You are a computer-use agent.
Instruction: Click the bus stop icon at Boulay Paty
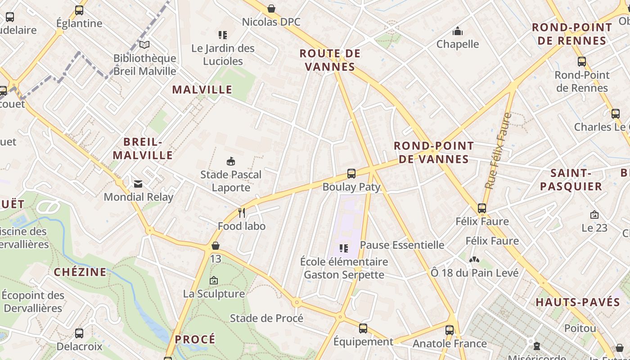tap(351, 174)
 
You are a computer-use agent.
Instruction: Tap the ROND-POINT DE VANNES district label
tap(434, 153)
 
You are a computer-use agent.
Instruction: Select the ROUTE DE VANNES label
tap(330, 60)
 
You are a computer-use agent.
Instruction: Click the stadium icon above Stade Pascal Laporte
tap(231, 161)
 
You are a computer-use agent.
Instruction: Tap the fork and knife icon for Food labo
tap(242, 213)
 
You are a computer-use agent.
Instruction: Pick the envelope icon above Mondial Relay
tap(138, 184)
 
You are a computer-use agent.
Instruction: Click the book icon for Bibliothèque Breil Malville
tap(144, 45)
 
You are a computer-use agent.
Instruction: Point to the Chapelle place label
tap(458, 44)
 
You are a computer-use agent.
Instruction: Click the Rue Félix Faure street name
tap(498, 151)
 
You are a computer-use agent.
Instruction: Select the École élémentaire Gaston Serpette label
tap(344, 268)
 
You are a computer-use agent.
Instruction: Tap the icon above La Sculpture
tap(214, 280)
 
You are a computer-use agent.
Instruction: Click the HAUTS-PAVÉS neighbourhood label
tap(578, 302)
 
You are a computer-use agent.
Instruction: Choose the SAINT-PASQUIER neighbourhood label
tap(571, 180)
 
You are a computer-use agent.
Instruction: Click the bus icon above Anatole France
tap(450, 330)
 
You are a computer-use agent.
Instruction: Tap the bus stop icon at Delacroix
tap(79, 333)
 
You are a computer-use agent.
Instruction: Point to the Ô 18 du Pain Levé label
tap(475, 273)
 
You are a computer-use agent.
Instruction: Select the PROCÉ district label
tap(195, 339)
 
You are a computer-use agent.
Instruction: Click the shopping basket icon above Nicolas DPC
tap(271, 9)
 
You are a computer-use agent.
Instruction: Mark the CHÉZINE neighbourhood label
tap(80, 272)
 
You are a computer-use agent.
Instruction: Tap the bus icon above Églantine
tap(79, 10)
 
